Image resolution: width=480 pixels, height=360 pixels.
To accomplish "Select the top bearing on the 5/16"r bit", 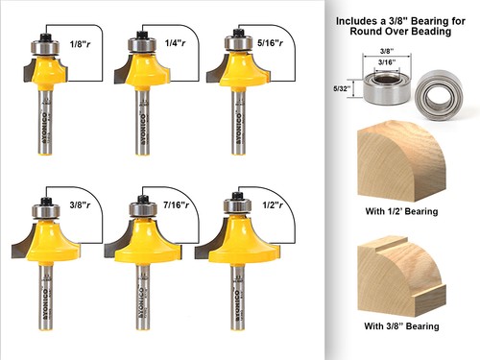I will [x=233, y=42].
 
